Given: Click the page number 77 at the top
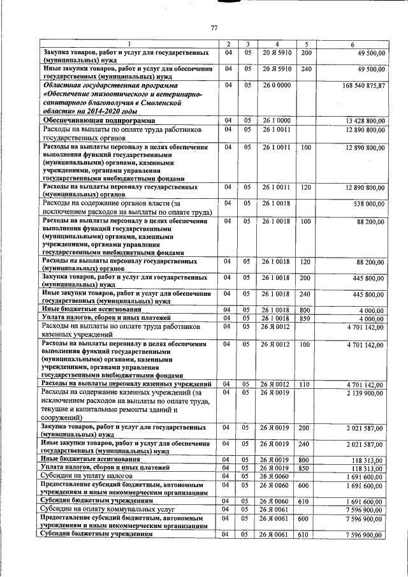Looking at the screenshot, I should point(214,27).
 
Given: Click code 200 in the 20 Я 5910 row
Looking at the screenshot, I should point(305,52).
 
